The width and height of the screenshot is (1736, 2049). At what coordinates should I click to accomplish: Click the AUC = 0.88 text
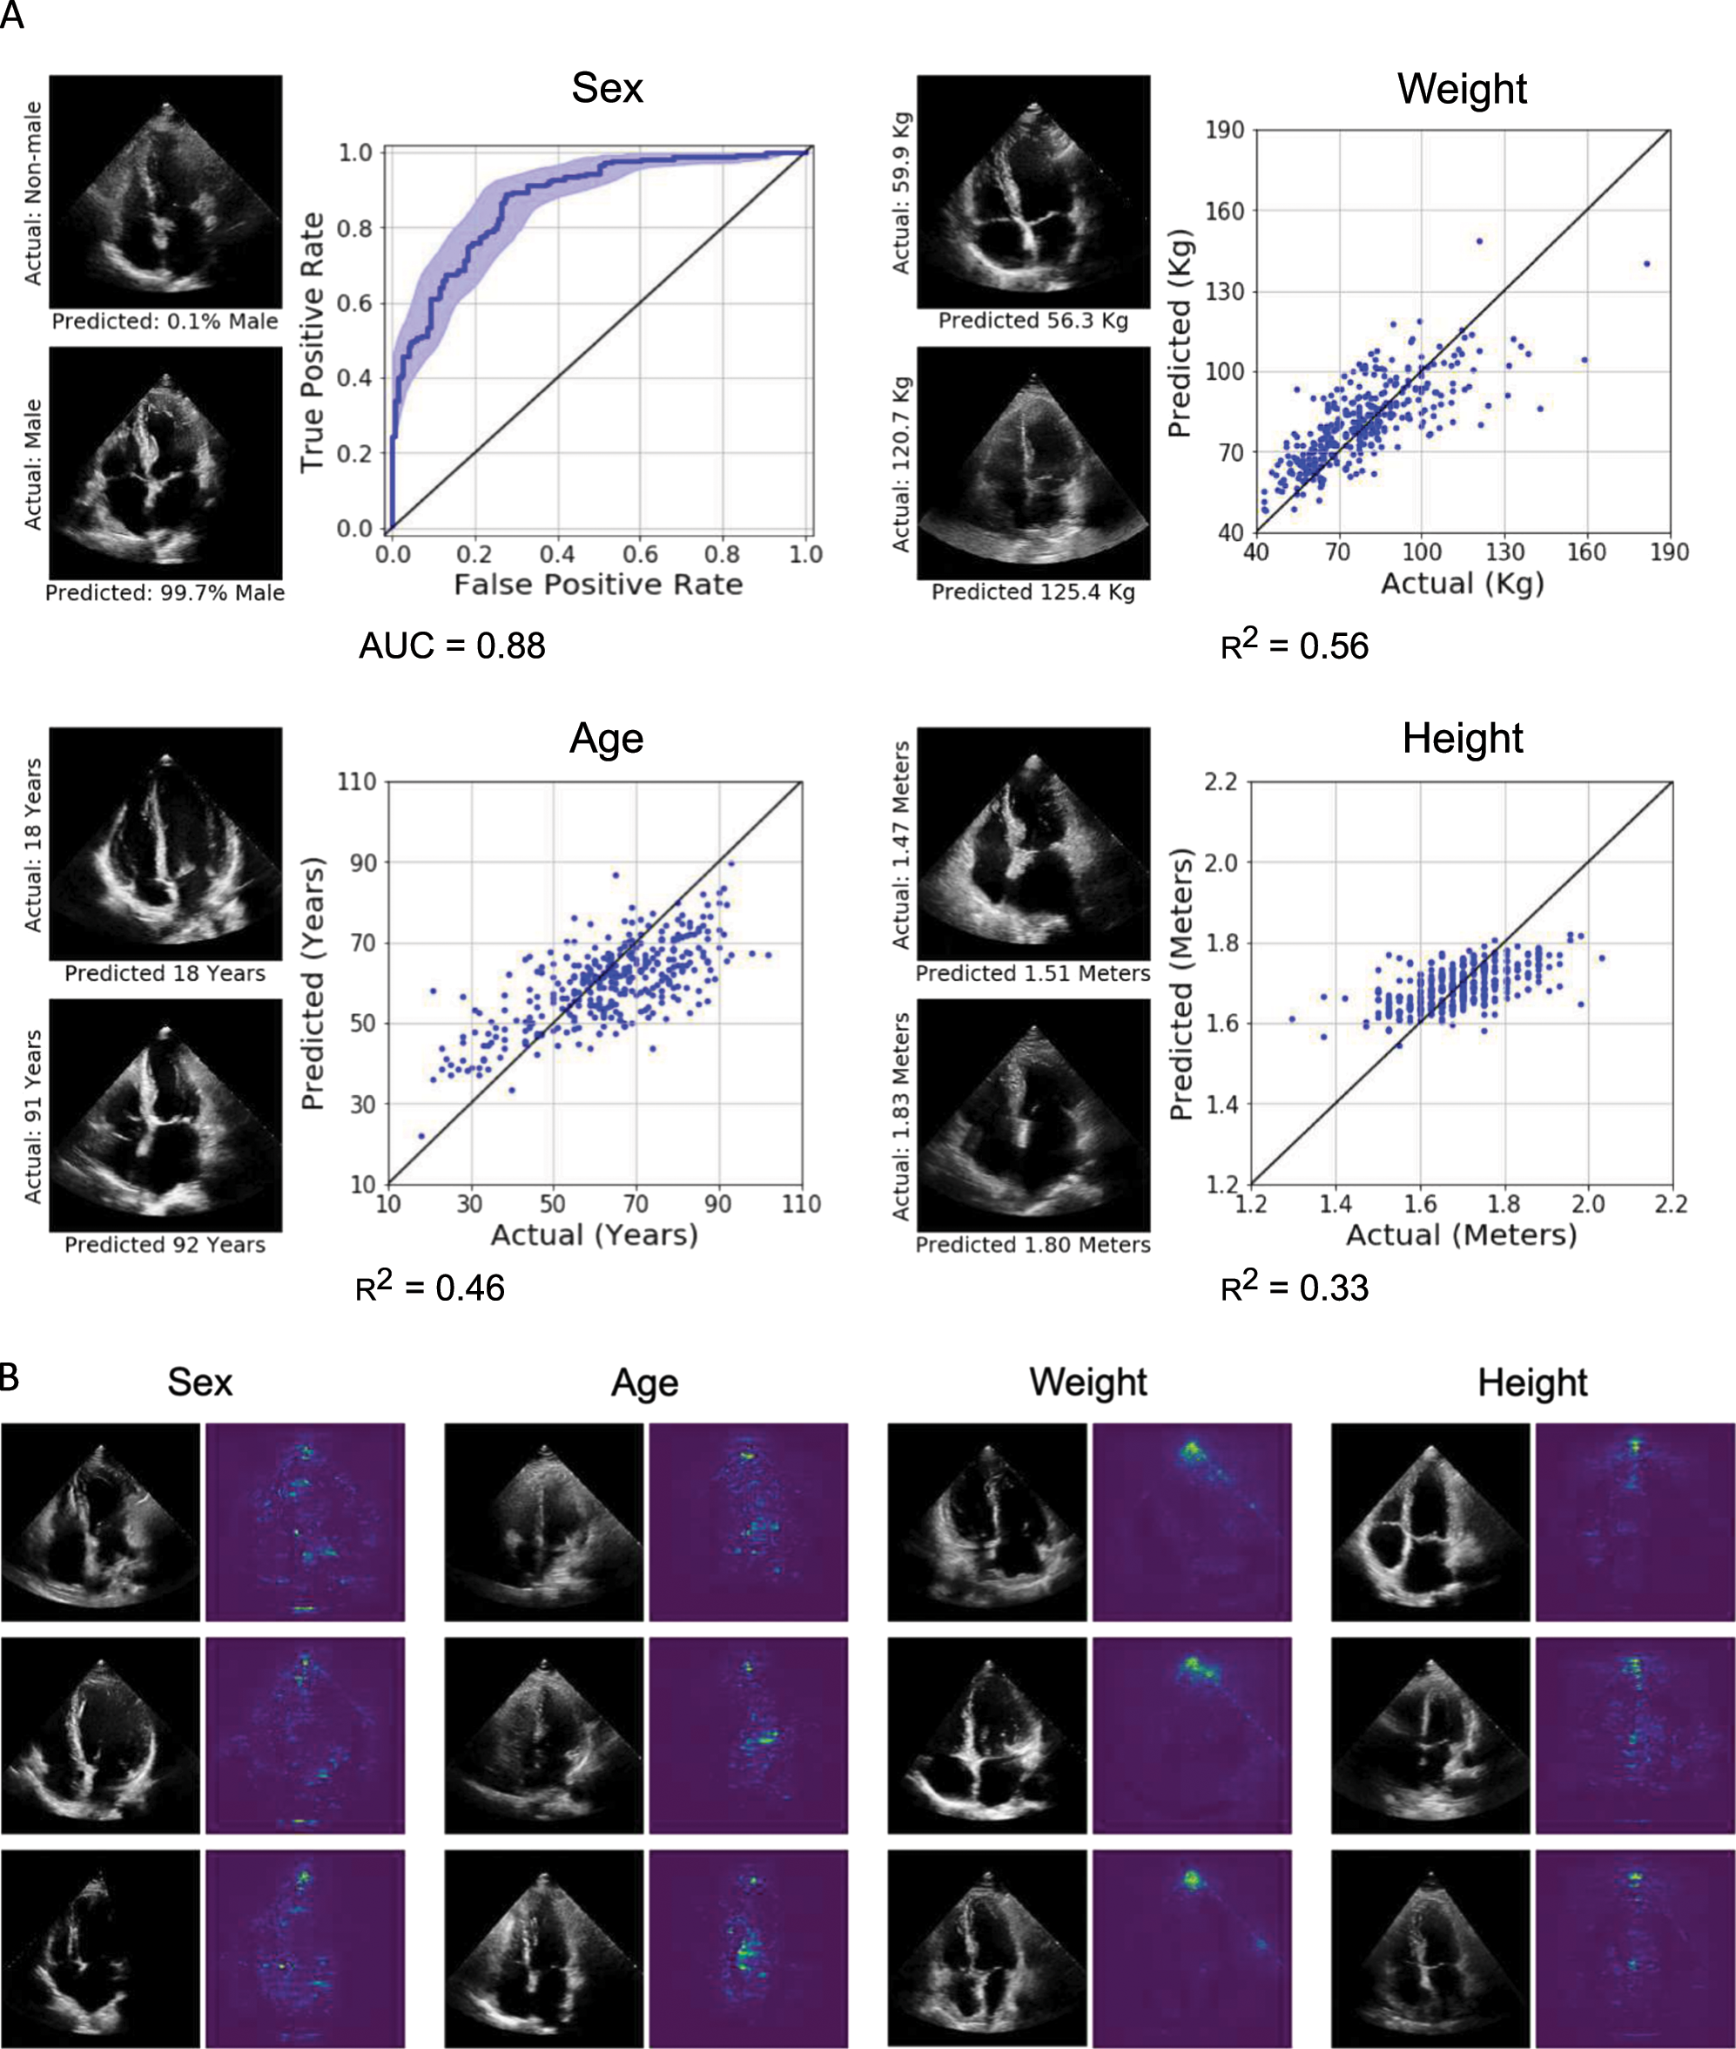(x=452, y=646)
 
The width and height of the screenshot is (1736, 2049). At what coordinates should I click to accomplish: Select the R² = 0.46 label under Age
(x=429, y=1287)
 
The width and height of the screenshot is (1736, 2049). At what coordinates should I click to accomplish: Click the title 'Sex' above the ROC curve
(x=607, y=89)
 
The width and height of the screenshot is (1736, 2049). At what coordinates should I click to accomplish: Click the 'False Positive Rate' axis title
(x=598, y=585)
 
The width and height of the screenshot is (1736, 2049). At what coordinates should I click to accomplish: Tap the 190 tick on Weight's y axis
(x=1224, y=130)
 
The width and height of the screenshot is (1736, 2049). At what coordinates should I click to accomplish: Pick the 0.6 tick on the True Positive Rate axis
(x=355, y=303)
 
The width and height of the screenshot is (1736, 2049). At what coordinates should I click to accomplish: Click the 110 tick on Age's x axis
(x=801, y=1204)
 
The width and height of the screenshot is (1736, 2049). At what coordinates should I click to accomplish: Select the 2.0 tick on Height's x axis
(x=1587, y=1204)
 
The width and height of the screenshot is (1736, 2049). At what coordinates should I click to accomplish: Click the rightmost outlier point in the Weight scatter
(x=1646, y=264)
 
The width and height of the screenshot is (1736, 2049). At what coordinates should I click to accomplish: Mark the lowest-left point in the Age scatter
(x=422, y=1136)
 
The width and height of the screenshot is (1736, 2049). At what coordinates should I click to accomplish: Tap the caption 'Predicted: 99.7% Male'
(x=165, y=592)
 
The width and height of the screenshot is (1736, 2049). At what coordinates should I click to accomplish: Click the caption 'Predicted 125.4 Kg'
(x=1033, y=592)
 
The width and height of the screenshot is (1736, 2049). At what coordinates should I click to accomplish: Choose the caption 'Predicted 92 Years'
(x=165, y=1245)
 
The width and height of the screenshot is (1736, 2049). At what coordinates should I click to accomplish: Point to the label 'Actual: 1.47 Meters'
(x=900, y=845)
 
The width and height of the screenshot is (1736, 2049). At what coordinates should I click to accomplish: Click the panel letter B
(x=10, y=1376)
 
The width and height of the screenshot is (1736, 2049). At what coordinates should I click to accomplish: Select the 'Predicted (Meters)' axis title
(x=1181, y=984)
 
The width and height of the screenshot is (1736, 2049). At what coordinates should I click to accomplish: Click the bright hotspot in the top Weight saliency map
(x=1192, y=1451)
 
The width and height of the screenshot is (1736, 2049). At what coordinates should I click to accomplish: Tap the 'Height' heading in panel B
(x=1532, y=1383)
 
